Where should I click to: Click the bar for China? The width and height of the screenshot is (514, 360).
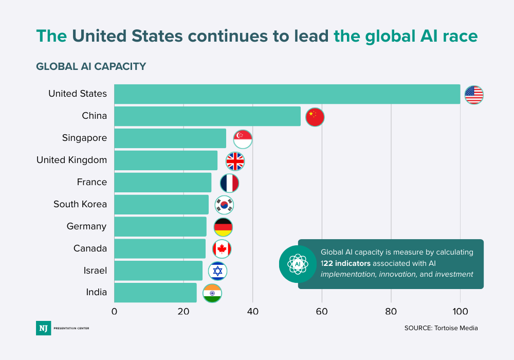(x=207, y=116)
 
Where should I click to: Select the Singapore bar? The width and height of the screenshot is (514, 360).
(x=170, y=138)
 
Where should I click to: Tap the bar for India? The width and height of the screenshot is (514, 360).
(x=155, y=293)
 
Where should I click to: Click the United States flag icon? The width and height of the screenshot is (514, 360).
(x=474, y=95)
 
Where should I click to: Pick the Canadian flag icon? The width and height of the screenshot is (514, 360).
(x=222, y=249)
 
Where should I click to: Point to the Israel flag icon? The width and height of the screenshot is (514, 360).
(x=217, y=271)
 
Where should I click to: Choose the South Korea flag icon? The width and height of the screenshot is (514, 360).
(x=224, y=205)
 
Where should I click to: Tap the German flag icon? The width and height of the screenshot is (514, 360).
(x=223, y=227)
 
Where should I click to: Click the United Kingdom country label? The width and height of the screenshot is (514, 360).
(x=71, y=160)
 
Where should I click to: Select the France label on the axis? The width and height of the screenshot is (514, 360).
(x=92, y=182)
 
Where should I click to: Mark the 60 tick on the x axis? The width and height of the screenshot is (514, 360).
(x=322, y=311)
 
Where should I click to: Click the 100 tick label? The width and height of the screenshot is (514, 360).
(x=460, y=311)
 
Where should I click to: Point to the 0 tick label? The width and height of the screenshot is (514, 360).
(x=114, y=311)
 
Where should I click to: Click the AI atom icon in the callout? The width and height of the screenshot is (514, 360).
(x=297, y=264)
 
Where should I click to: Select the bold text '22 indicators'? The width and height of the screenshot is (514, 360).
(x=347, y=263)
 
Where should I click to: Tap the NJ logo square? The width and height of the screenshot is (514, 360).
(x=43, y=328)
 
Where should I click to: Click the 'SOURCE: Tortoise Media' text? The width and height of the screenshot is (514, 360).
(x=441, y=328)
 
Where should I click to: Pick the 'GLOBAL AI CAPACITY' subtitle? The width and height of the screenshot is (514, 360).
(x=91, y=66)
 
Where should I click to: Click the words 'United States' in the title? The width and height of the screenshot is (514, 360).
(x=128, y=36)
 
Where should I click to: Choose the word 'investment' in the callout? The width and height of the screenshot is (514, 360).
(x=454, y=274)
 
